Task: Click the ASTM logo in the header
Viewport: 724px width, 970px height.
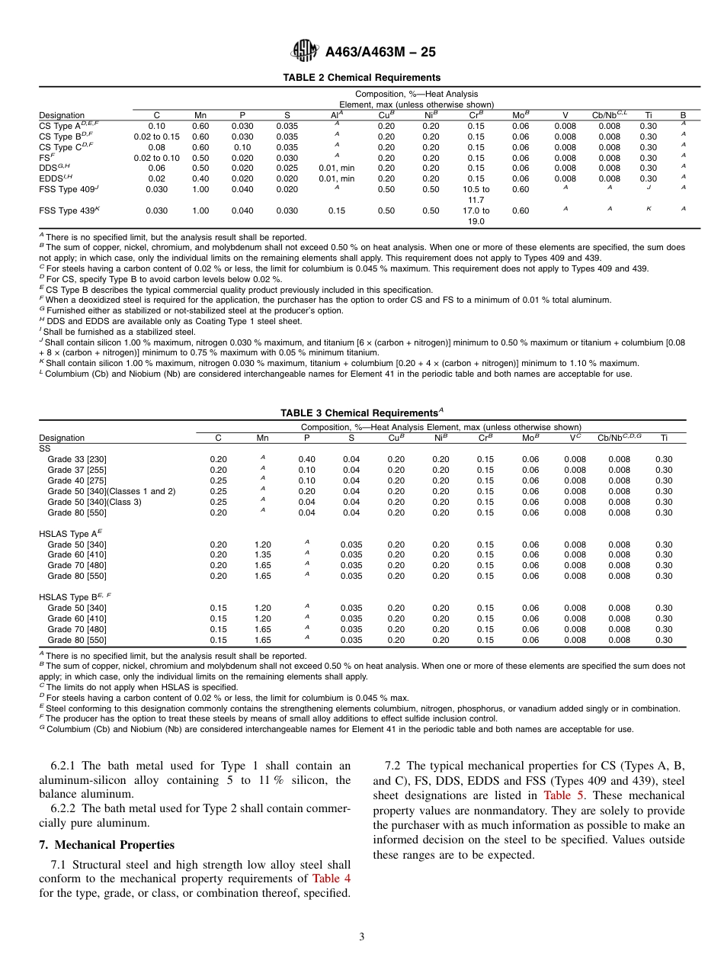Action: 305,52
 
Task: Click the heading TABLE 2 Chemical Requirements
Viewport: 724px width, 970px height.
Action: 361,78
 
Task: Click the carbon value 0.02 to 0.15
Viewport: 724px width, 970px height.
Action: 156,137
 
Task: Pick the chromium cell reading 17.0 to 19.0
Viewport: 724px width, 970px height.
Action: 476,216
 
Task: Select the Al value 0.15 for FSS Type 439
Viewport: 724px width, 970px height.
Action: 336,210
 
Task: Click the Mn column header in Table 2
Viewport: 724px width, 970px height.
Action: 200,115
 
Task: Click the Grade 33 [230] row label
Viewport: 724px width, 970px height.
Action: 77,459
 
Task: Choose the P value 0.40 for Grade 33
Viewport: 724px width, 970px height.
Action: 306,459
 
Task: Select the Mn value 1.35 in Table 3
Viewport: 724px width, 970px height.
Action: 262,554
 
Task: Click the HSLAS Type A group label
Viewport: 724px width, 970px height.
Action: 70,534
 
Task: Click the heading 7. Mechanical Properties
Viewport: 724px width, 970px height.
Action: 106,845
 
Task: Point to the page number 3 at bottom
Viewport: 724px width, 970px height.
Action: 361,936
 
